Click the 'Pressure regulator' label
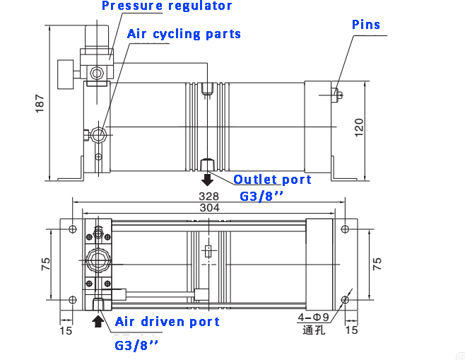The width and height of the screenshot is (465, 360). pyautogui.click(x=167, y=6)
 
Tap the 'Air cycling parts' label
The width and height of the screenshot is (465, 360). pyautogui.click(x=184, y=34)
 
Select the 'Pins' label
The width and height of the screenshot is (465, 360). pyautogui.click(x=366, y=25)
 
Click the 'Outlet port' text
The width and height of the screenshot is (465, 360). pyautogui.click(x=272, y=180)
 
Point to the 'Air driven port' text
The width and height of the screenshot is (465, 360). pyautogui.click(x=167, y=322)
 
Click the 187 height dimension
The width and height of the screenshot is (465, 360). pyautogui.click(x=40, y=103)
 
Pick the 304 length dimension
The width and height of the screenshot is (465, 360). pyautogui.click(x=209, y=208)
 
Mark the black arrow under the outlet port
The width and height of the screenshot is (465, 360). pyautogui.click(x=208, y=178)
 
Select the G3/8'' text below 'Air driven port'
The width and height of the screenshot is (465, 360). pyautogui.click(x=136, y=346)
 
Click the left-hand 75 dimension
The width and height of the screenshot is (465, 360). pyautogui.click(x=46, y=264)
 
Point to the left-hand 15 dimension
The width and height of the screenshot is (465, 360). pyautogui.click(x=66, y=330)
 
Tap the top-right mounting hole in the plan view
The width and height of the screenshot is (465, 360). pyautogui.click(x=345, y=229)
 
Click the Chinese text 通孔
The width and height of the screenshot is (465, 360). pyautogui.click(x=312, y=330)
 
